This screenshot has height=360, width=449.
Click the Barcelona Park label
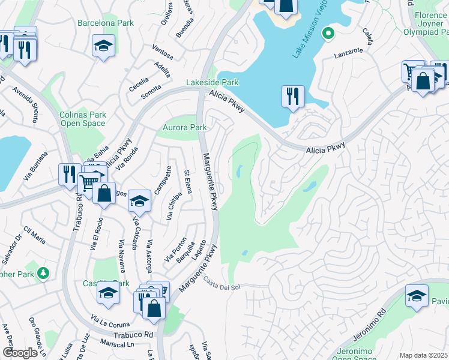(106, 23)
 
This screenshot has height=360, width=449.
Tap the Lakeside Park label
(212, 83)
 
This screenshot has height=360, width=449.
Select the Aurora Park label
(185, 127)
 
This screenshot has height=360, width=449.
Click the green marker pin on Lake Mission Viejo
(328, 34)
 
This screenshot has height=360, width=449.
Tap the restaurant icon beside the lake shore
(293, 96)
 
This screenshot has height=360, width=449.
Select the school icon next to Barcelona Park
(103, 45)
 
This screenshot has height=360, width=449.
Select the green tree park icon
(43, 274)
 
